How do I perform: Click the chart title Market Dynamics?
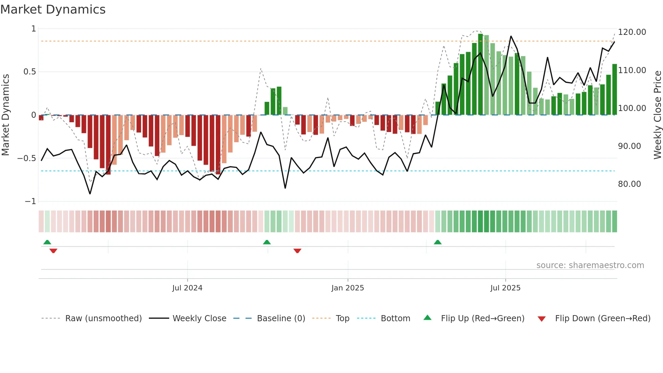(53, 9)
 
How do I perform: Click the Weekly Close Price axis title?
(657, 115)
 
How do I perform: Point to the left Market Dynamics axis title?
(5, 115)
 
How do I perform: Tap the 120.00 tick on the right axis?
(632, 32)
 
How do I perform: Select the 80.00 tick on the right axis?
(629, 184)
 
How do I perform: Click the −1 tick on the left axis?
(30, 201)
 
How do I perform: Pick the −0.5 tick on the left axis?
(27, 158)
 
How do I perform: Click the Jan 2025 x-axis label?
(347, 288)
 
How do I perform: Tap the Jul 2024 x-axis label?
(187, 288)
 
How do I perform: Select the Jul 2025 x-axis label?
(505, 288)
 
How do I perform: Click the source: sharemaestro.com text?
(590, 265)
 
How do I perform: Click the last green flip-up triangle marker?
(437, 242)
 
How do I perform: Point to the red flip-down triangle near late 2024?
(297, 251)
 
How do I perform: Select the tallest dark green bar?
(480, 74)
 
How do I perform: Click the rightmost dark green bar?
(614, 90)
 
